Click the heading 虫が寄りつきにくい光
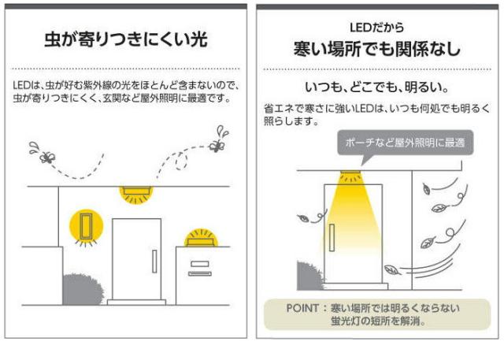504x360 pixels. [x=126, y=39]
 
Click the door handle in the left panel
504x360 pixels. [x=154, y=261]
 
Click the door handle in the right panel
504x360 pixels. [x=335, y=236]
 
